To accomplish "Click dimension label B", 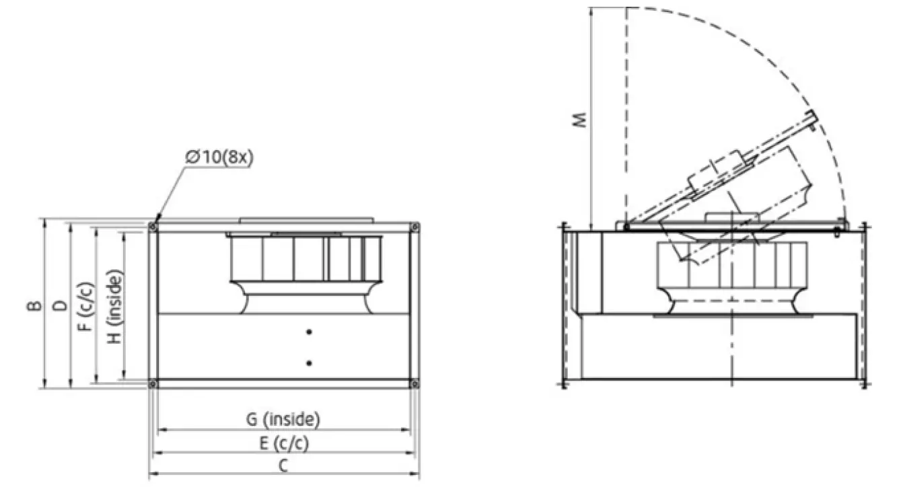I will [33, 305].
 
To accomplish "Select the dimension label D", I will [61, 305].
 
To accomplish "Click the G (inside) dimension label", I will [282, 420].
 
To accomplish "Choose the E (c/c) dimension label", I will [283, 443].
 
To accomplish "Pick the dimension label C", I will [283, 465].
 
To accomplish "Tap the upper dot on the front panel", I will [309, 331].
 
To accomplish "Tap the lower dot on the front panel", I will [309, 363].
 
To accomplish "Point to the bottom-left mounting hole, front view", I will [153, 384].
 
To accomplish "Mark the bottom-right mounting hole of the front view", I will [414, 384].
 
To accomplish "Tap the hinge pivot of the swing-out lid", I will [626, 227].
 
